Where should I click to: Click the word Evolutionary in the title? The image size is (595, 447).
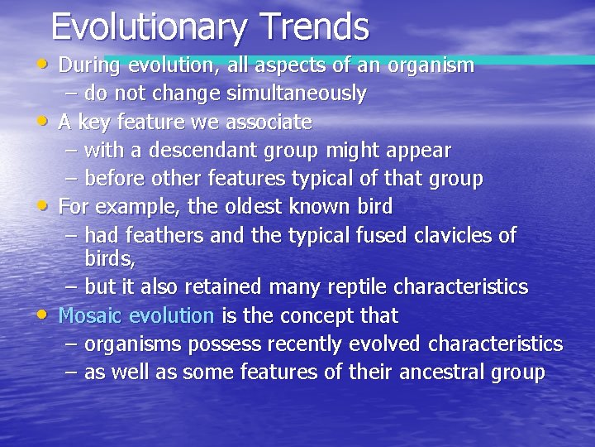tap(150, 27)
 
